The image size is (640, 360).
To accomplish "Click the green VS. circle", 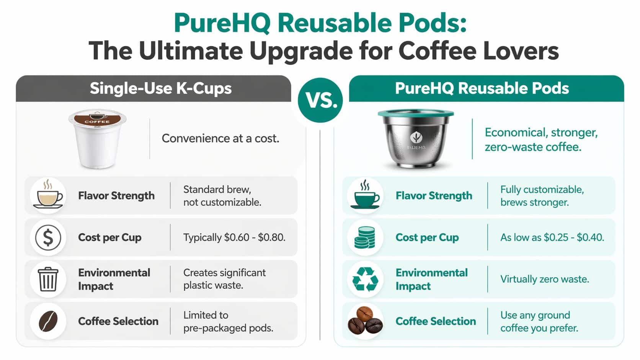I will click(320, 100).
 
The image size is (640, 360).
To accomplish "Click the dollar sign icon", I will click(48, 238).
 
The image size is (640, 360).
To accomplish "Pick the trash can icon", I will click(48, 279).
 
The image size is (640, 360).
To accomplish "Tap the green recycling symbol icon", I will click(365, 279).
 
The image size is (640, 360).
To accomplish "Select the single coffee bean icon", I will click(48, 321).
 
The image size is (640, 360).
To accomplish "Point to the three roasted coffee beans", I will click(365, 321).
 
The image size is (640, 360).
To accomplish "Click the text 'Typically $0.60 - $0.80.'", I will click(234, 238).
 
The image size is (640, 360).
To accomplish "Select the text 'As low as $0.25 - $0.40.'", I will click(552, 238).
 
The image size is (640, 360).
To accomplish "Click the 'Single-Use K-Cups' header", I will click(161, 88).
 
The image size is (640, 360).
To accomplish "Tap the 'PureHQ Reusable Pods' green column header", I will click(482, 88).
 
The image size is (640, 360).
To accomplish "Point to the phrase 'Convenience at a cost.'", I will click(220, 138).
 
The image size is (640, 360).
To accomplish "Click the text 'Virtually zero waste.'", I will click(544, 279).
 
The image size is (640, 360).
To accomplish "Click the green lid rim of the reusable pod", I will click(416, 114).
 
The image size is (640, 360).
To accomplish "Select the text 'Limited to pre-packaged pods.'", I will click(228, 321).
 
